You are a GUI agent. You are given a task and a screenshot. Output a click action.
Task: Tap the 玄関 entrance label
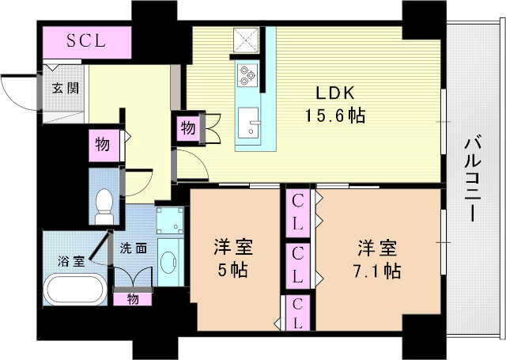tap(66, 88)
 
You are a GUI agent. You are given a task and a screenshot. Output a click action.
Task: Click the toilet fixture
tap(104, 207)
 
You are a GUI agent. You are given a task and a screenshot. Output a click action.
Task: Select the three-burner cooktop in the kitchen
tap(247, 76)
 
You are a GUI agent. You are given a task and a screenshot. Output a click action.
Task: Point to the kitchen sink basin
tap(251, 123)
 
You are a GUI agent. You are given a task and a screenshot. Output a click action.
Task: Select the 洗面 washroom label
tap(133, 248)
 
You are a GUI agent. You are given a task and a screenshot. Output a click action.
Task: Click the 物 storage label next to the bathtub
tap(130, 298)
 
